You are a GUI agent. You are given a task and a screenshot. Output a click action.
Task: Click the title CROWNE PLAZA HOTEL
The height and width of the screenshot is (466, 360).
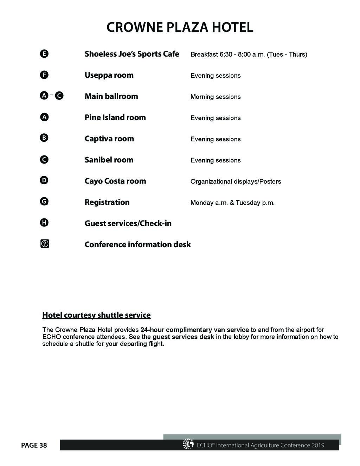point(180,27)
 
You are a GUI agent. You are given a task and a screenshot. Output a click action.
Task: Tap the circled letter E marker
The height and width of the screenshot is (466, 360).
point(44,54)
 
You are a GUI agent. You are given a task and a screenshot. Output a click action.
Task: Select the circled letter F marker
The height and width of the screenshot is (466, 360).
point(44,75)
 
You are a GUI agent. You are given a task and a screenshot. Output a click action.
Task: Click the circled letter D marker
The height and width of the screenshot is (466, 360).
point(44,180)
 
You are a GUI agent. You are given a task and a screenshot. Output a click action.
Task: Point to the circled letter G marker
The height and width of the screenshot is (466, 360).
point(44,202)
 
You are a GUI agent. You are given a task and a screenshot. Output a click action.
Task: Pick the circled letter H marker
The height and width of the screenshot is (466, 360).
point(44,223)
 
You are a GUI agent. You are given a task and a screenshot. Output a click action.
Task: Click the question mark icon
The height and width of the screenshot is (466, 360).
point(45,244)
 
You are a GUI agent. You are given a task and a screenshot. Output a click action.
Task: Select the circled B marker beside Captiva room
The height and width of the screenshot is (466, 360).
point(44,138)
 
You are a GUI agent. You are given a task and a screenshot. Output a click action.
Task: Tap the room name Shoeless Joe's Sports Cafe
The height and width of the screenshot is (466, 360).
point(132,54)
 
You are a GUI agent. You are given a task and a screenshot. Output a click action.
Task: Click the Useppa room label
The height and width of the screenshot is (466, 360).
point(109,75)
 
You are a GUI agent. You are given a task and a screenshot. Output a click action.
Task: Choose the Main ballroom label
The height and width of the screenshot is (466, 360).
point(111,96)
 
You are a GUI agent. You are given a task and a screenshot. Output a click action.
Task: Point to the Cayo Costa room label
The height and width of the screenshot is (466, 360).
point(115,181)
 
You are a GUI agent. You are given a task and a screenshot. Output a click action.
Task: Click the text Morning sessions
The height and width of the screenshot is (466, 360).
point(216,97)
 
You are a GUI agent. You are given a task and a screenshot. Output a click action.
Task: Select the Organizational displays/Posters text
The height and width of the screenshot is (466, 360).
point(236,181)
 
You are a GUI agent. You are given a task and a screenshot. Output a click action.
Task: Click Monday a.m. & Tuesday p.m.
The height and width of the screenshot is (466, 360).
point(232,203)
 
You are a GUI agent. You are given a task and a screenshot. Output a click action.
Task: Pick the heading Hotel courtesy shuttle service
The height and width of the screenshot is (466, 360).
point(96,315)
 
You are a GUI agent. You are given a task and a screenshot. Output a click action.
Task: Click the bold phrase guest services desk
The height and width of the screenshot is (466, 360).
point(183,337)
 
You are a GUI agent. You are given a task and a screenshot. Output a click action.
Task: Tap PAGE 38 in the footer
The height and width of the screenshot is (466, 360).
point(34,445)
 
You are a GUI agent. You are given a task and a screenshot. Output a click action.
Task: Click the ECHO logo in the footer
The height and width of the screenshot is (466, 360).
point(188,444)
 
